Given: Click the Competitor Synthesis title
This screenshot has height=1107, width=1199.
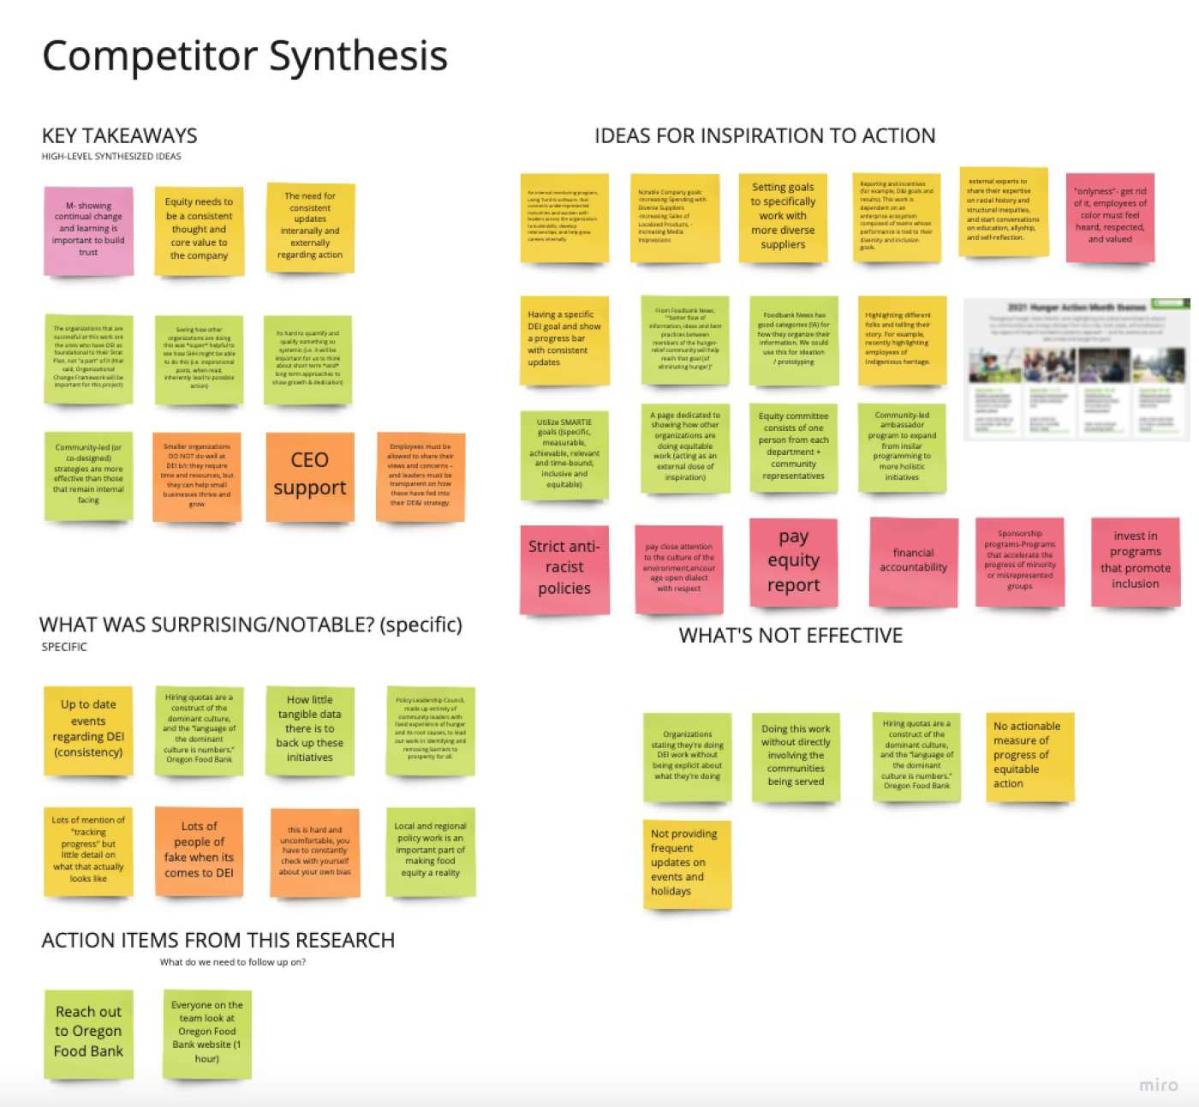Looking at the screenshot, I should [x=245, y=57].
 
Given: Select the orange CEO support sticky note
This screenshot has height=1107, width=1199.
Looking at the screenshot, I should [x=310, y=476].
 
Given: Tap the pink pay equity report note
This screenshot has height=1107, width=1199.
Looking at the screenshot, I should [x=793, y=561].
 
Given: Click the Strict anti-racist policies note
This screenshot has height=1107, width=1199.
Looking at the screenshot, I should [x=564, y=567].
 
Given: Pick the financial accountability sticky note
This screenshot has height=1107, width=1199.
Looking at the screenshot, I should [x=913, y=560].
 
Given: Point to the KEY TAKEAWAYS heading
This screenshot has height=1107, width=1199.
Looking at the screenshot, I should [x=120, y=136].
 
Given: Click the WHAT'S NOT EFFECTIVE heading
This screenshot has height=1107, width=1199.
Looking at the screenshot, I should [x=790, y=636].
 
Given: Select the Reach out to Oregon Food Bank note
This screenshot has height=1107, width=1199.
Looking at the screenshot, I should [x=89, y=1032].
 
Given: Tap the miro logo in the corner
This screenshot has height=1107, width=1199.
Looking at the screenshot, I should [x=1158, y=1085].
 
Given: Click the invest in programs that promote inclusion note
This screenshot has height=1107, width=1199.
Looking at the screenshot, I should [x=1135, y=560].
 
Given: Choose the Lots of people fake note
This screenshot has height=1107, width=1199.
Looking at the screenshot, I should [x=199, y=850].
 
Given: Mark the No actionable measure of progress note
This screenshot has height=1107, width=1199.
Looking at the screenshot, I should [x=1029, y=755].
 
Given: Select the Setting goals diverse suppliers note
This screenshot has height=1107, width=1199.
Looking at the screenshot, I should [x=783, y=217].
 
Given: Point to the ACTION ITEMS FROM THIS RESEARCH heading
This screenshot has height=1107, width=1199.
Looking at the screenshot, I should [x=218, y=941].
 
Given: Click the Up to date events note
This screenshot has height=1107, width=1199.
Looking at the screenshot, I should [x=89, y=728].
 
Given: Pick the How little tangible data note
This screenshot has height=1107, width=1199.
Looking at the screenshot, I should [x=310, y=729].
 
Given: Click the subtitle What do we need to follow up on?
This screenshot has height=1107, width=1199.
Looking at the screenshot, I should [x=233, y=962].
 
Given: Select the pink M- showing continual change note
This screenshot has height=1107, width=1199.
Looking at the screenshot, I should [x=89, y=230].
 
